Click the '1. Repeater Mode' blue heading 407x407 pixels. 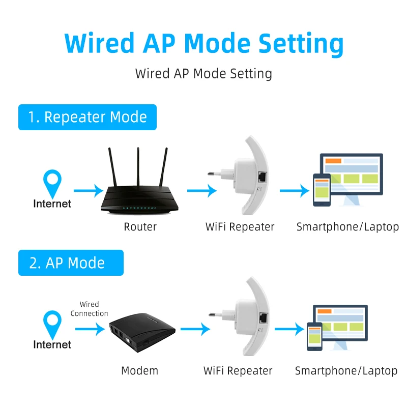tap(88, 118)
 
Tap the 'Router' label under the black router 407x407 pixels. tap(140, 227)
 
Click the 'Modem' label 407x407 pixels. tap(139, 371)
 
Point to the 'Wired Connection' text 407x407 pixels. tap(90, 309)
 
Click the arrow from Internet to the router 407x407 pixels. tap(88, 191)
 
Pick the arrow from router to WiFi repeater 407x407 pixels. tap(201, 191)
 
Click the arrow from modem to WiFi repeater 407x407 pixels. tap(195, 329)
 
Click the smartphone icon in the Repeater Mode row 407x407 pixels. tap(322, 190)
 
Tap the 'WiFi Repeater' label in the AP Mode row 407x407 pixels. tap(238, 371)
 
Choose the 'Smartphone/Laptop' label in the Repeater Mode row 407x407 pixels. tap(347, 227)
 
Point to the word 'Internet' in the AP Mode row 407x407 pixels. tap(52, 344)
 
